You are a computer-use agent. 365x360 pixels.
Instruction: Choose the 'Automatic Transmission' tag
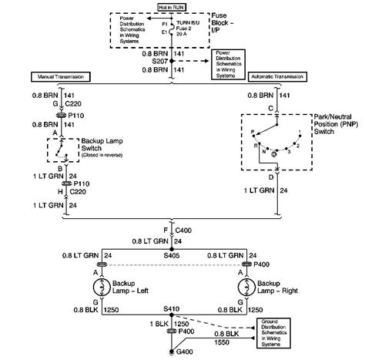(278, 78)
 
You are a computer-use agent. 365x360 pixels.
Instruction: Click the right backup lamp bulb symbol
(246, 285)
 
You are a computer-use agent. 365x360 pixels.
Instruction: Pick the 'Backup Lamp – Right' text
(281, 286)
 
